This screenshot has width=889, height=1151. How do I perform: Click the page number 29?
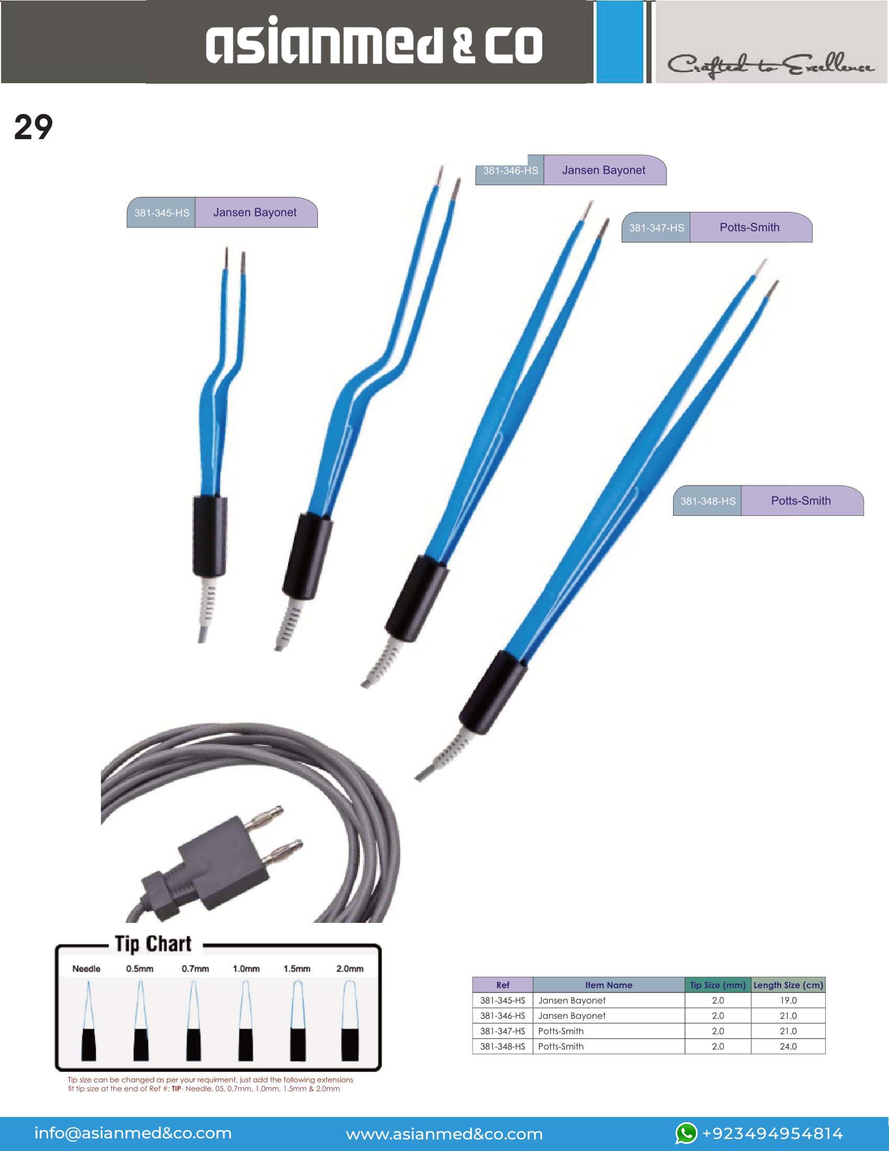pos(33,128)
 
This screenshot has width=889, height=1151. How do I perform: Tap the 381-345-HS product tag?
pos(161,213)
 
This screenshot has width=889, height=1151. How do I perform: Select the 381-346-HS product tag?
pos(510,171)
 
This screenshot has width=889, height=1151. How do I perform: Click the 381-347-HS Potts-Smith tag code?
pos(656,228)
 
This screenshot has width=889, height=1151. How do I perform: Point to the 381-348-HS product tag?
pos(708,501)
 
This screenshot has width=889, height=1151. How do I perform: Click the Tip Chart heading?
pos(153,944)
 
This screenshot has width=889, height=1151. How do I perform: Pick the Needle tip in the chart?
pos(88,1020)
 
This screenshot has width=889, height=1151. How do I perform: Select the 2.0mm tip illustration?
pos(350,1020)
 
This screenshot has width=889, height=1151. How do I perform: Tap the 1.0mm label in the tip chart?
pos(246,968)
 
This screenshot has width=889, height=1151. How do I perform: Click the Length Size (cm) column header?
pos(788,985)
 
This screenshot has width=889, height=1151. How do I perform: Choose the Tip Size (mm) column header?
pos(718,985)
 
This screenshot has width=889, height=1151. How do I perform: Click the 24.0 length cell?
pos(788,1046)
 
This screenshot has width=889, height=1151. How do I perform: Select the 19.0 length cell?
pos(788,1000)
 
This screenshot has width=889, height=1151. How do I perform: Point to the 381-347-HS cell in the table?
pos(503,1031)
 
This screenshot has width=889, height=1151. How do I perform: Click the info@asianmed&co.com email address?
pos(133,1133)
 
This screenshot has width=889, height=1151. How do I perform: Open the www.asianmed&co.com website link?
pos(444,1134)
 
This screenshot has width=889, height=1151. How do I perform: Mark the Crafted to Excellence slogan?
pos(770,65)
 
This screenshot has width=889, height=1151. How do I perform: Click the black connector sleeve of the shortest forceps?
pos(210,536)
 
